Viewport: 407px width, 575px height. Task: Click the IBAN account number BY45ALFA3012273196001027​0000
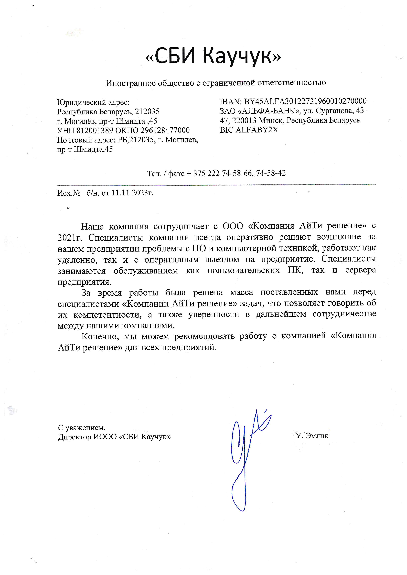[305, 101]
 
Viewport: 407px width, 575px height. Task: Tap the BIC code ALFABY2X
[257, 130]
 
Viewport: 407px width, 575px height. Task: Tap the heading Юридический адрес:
[93, 102]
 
